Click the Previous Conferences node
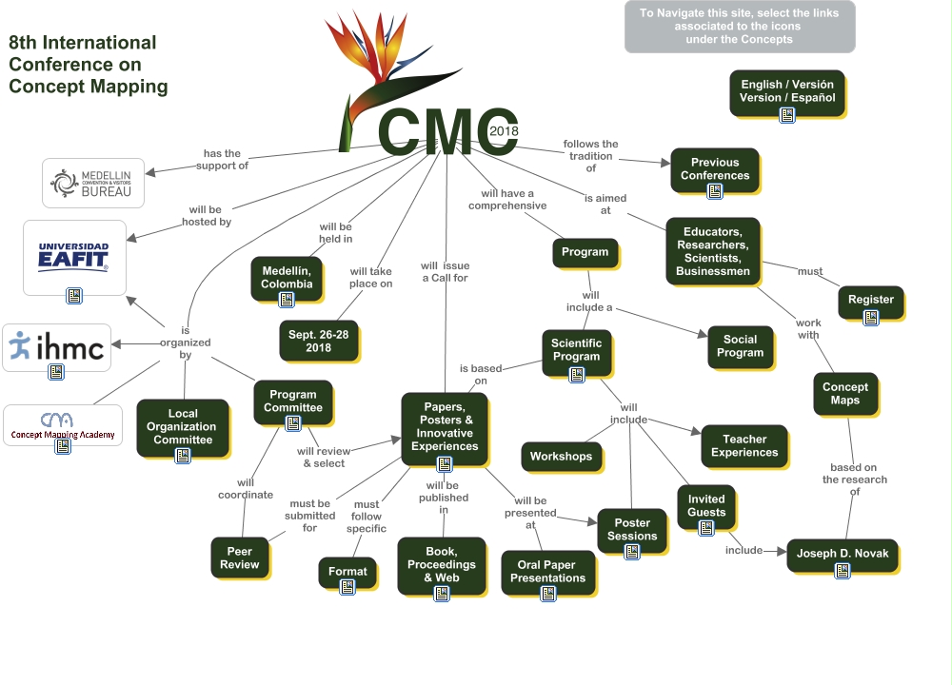tap(715, 169)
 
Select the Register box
tap(870, 299)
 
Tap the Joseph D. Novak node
tap(842, 552)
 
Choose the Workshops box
tap(561, 456)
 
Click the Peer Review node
tap(239, 558)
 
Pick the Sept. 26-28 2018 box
tap(318, 342)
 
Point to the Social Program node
tap(740, 346)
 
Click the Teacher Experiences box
tap(744, 446)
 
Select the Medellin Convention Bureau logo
tap(93, 183)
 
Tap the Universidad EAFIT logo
tap(74, 256)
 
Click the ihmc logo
tap(58, 346)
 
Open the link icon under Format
tap(347, 586)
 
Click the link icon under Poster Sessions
tap(632, 551)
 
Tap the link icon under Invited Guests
tap(705, 528)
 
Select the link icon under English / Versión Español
tap(787, 114)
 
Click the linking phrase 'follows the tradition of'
tap(590, 156)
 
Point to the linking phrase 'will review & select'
tap(323, 458)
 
